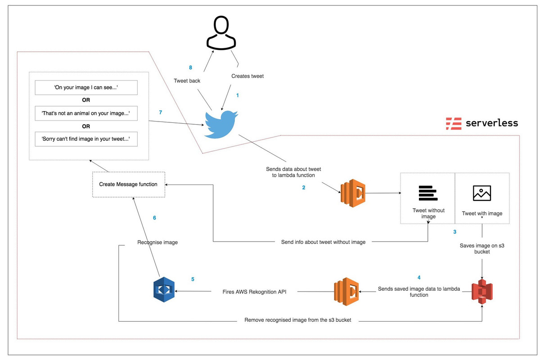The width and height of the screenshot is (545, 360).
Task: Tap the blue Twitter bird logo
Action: click(221, 123)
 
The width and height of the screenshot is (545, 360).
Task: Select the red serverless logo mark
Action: click(454, 123)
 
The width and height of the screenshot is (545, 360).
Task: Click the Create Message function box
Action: click(128, 184)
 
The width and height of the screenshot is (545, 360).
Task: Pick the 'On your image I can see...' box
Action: click(86, 88)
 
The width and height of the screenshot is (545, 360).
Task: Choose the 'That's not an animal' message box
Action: click(86, 113)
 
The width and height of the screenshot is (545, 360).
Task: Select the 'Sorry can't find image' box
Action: click(86, 139)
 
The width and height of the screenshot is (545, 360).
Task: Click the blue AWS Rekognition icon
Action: click(164, 290)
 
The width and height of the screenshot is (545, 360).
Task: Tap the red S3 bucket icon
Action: click(482, 291)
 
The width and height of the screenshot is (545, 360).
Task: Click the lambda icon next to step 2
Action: click(353, 193)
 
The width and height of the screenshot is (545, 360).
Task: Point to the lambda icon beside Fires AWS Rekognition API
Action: click(347, 291)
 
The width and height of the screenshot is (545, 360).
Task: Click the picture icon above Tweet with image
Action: click(482, 193)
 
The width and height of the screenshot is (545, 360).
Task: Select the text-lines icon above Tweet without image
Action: click(428, 193)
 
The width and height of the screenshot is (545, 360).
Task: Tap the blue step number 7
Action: click(160, 112)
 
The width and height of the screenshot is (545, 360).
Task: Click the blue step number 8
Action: click(190, 67)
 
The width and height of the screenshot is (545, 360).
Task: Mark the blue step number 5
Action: click(193, 279)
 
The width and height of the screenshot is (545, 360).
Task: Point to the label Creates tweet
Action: click(248, 76)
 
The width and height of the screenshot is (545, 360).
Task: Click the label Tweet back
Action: click(187, 81)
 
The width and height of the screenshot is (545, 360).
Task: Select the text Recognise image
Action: click(158, 243)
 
